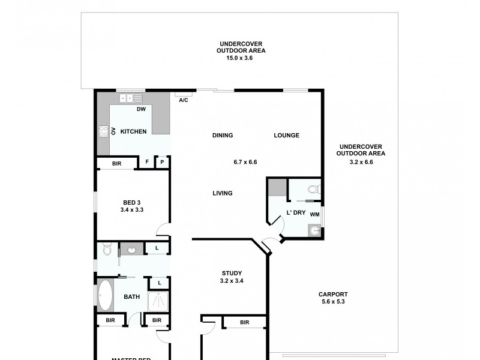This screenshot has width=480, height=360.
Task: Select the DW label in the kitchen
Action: (x=141, y=109)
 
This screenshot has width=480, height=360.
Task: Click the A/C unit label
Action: (x=184, y=100)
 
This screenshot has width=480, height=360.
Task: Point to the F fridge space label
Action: (x=147, y=162)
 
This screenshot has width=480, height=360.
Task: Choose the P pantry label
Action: (x=163, y=162)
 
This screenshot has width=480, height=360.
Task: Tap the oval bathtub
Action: (x=106, y=296)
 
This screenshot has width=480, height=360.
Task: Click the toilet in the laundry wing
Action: (x=313, y=189)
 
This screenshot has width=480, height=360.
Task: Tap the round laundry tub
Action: (x=314, y=230)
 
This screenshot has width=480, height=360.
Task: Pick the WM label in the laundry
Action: (x=314, y=213)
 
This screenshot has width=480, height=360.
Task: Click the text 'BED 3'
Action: (x=131, y=203)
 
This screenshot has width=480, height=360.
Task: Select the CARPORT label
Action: (x=333, y=294)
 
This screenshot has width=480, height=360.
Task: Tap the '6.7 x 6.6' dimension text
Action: (x=245, y=162)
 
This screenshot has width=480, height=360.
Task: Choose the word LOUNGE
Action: (x=286, y=136)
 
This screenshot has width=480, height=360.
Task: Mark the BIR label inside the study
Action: (x=244, y=323)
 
